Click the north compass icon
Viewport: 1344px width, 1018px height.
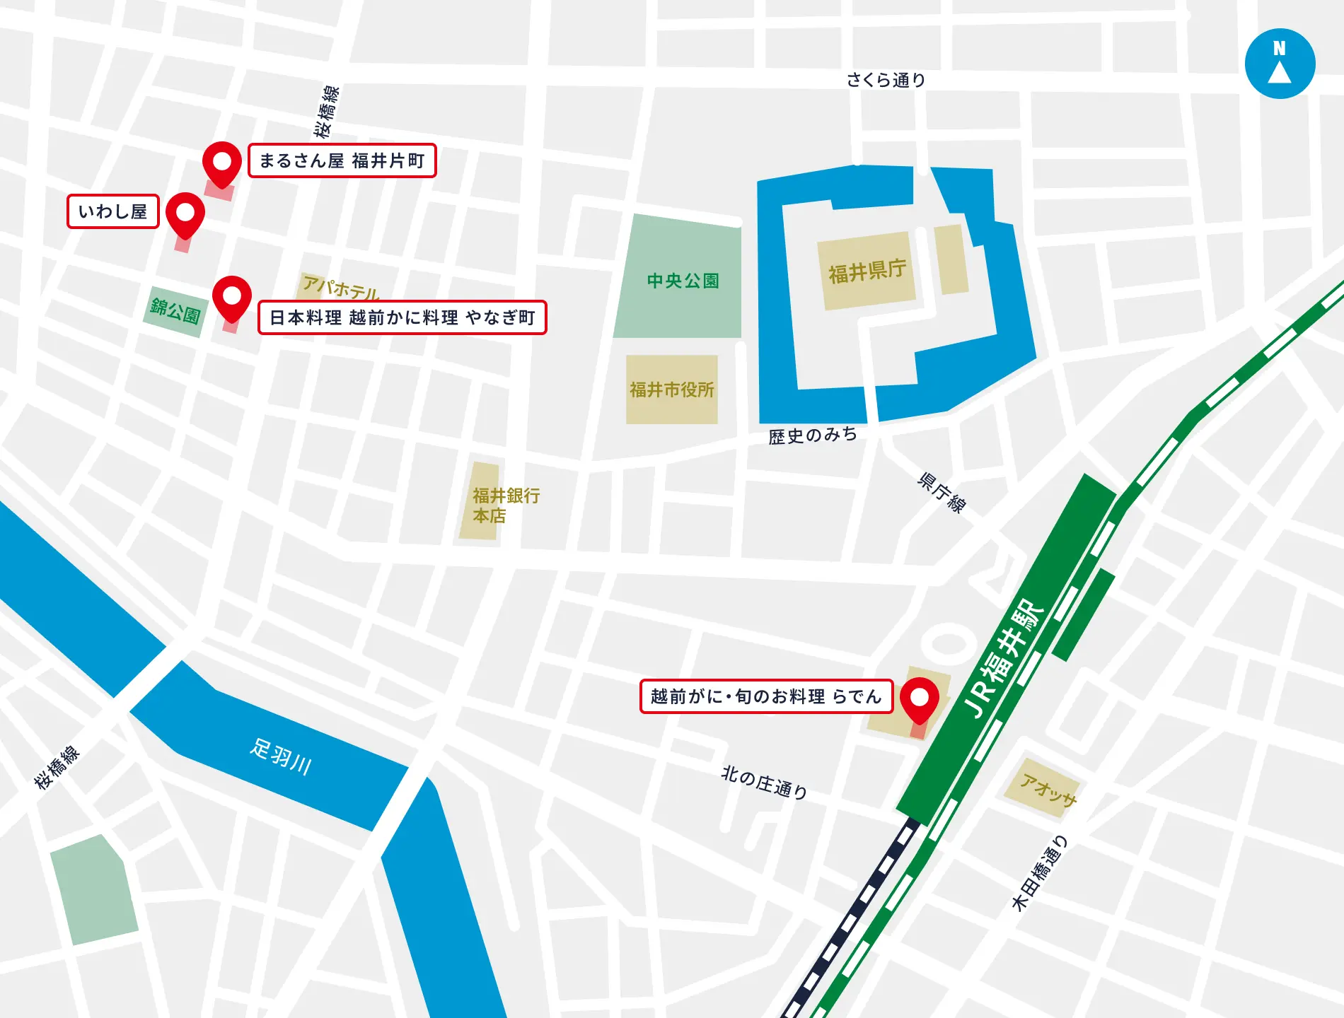[x=1280, y=64]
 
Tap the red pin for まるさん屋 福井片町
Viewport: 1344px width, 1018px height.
[x=222, y=163]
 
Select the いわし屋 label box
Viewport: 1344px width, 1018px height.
[x=113, y=211]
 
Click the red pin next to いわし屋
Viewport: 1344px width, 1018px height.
[x=185, y=213]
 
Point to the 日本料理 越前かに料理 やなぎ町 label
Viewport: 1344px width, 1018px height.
[x=402, y=317]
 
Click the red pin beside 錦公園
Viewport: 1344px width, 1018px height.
[x=232, y=297]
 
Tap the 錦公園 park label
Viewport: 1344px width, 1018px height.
[x=175, y=310]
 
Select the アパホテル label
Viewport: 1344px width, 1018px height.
[x=340, y=287]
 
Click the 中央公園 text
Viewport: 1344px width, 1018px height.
[x=683, y=281]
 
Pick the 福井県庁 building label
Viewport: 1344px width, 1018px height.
[x=867, y=270]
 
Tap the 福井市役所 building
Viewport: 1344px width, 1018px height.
[x=671, y=390]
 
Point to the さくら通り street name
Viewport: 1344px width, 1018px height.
[x=886, y=80]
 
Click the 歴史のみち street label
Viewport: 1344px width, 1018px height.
[x=813, y=435]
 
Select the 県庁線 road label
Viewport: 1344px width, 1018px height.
[x=941, y=492]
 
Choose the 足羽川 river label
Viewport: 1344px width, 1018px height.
[x=281, y=756]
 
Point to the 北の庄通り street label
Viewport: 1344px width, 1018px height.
[x=764, y=782]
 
